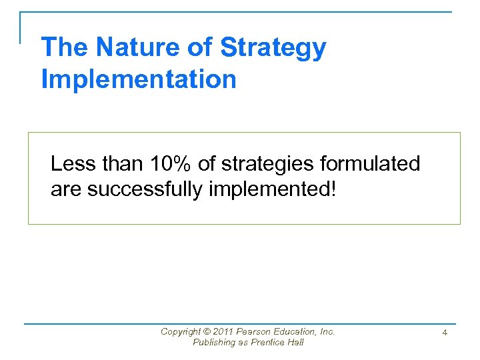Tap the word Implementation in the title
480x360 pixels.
click(139, 79)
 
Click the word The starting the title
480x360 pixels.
click(65, 48)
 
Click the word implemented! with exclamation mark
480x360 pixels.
click(273, 190)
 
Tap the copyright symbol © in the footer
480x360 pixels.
click(204, 331)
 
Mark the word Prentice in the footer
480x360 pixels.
click(266, 343)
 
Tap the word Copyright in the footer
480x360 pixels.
click(179, 331)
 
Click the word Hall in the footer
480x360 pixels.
click(295, 343)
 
